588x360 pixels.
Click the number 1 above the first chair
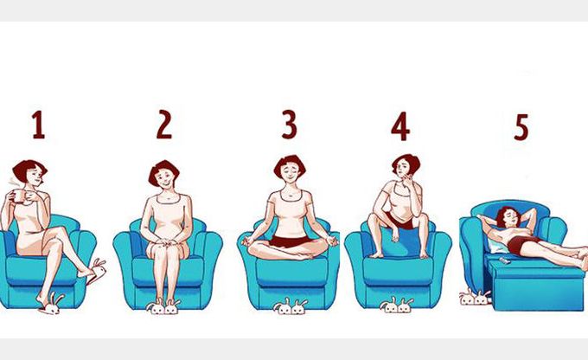38,125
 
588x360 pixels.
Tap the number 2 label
164,125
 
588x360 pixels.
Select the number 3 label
289,125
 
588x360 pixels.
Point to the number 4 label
400,126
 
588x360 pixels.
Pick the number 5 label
521,127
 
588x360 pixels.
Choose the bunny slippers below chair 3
291,306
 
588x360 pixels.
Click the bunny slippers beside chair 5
475,297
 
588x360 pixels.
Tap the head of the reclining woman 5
508,217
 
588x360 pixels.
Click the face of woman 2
165,178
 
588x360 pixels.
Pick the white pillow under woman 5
498,245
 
